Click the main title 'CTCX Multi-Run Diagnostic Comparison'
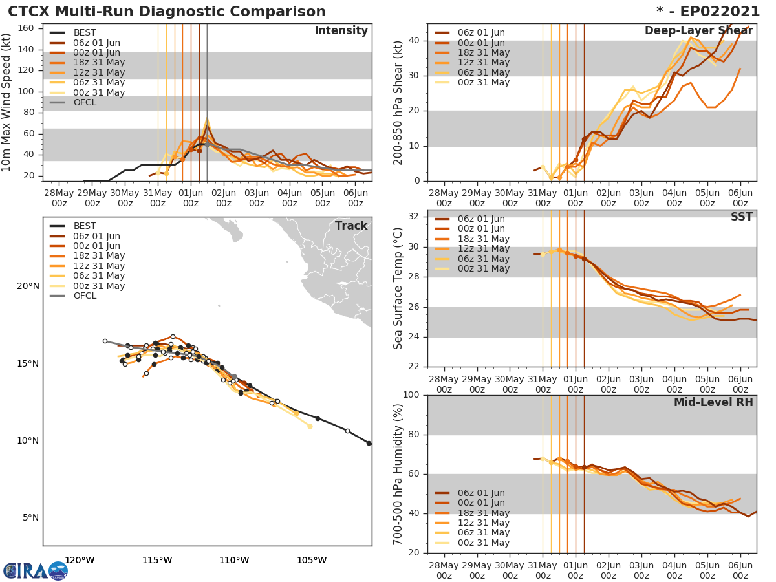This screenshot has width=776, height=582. click(x=167, y=12)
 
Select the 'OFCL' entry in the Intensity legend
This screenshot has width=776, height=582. click(x=84, y=102)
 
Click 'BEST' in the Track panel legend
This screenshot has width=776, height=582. click(x=85, y=226)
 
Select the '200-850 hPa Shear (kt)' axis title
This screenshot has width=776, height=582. click(x=399, y=102)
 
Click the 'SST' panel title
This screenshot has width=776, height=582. click(x=742, y=217)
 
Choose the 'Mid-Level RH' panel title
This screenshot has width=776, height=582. click(x=713, y=402)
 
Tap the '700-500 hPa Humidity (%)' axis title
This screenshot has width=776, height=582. click(x=399, y=473)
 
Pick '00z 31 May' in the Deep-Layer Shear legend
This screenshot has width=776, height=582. click(x=484, y=83)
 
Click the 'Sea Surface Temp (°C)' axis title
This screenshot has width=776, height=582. click(x=399, y=288)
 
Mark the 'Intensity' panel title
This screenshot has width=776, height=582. click(x=341, y=31)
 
